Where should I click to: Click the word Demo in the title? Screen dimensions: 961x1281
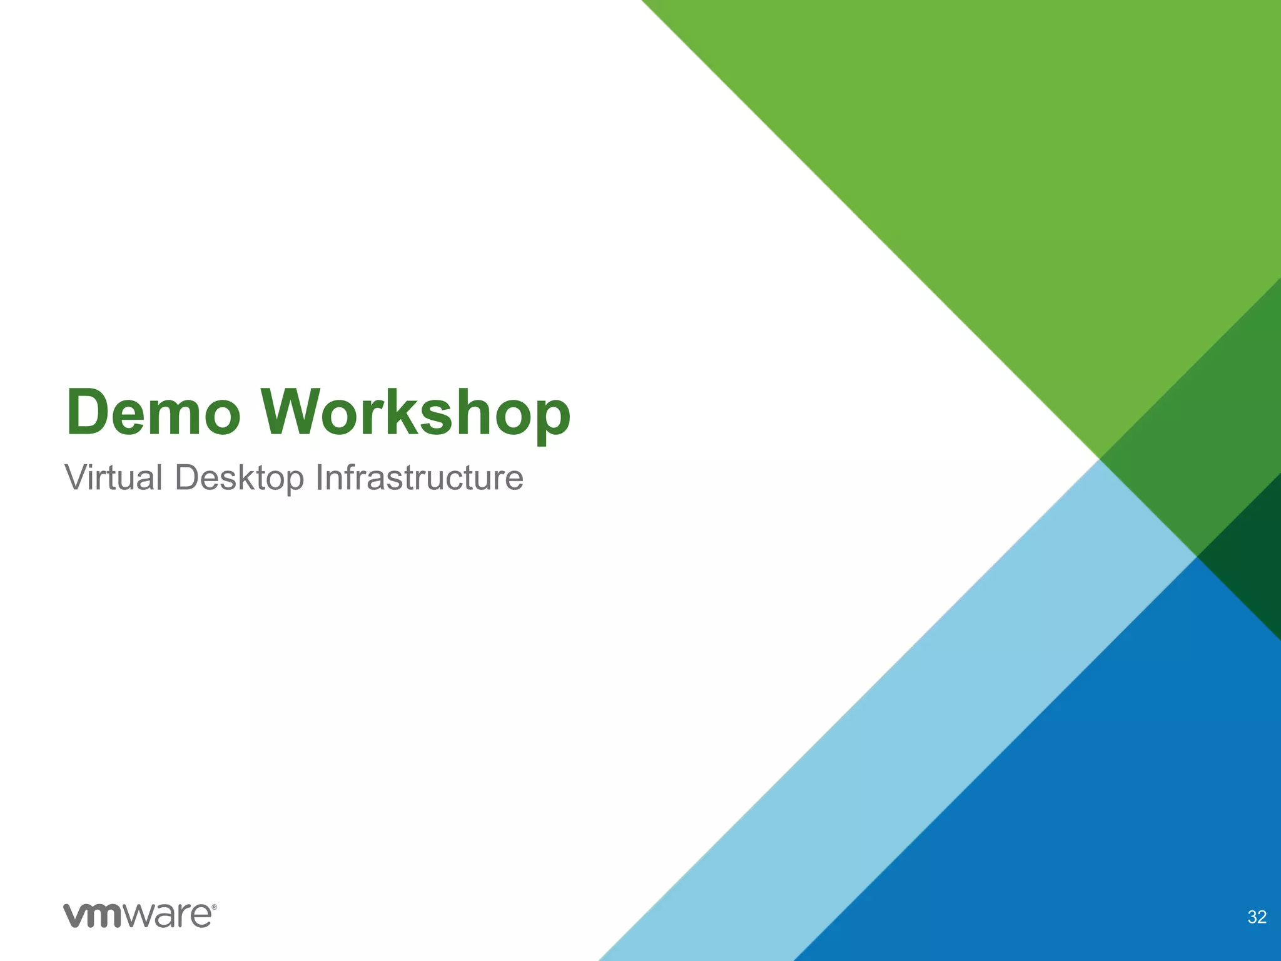tap(153, 413)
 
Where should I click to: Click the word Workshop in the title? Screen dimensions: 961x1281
tap(415, 413)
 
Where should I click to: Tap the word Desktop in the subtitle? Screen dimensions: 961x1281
tap(240, 478)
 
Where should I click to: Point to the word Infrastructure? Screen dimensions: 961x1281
tap(419, 478)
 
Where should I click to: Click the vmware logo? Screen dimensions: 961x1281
tap(139, 915)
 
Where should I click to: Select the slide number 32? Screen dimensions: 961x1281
tap(1257, 917)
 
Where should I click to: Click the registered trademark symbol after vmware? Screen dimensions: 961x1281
tap(215, 907)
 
